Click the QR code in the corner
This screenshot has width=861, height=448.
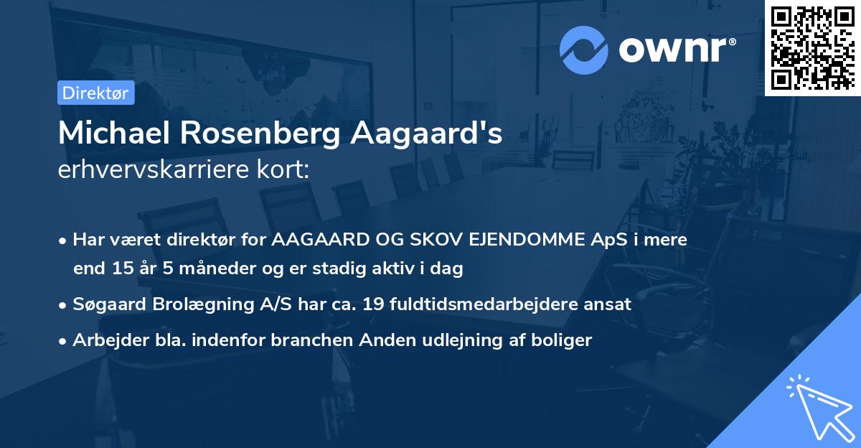coord(812,47)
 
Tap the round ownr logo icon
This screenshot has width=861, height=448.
coord(584,50)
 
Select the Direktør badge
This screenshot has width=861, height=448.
coord(95,93)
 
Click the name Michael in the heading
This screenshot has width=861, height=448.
coord(113,134)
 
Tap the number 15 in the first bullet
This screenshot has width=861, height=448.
coord(122,269)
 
